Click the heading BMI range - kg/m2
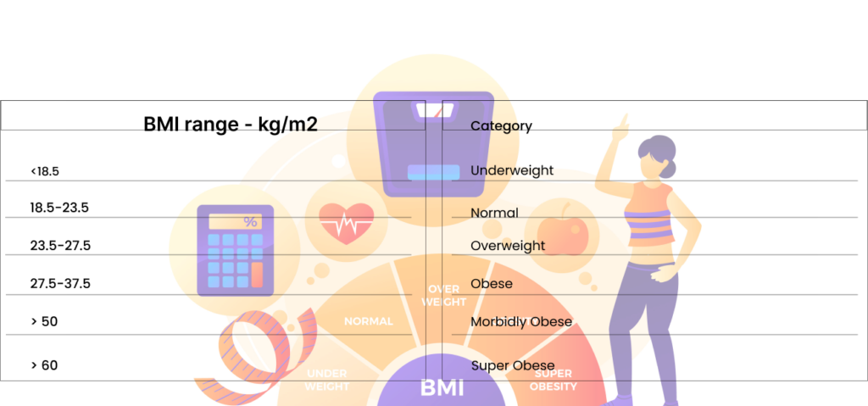tap(231, 125)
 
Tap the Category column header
tap(501, 126)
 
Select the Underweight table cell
tap(512, 170)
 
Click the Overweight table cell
tap(508, 246)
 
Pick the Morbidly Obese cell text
tap(521, 322)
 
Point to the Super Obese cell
tap(513, 366)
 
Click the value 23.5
tap(77, 208)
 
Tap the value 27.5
tap(78, 246)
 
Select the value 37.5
tap(78, 284)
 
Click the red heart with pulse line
tap(346, 224)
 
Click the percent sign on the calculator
tap(250, 222)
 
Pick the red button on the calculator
tap(257, 274)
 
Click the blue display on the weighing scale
tap(433, 172)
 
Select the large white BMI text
tap(442, 388)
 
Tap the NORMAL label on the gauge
tap(368, 321)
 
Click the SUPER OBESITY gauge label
tap(554, 380)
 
